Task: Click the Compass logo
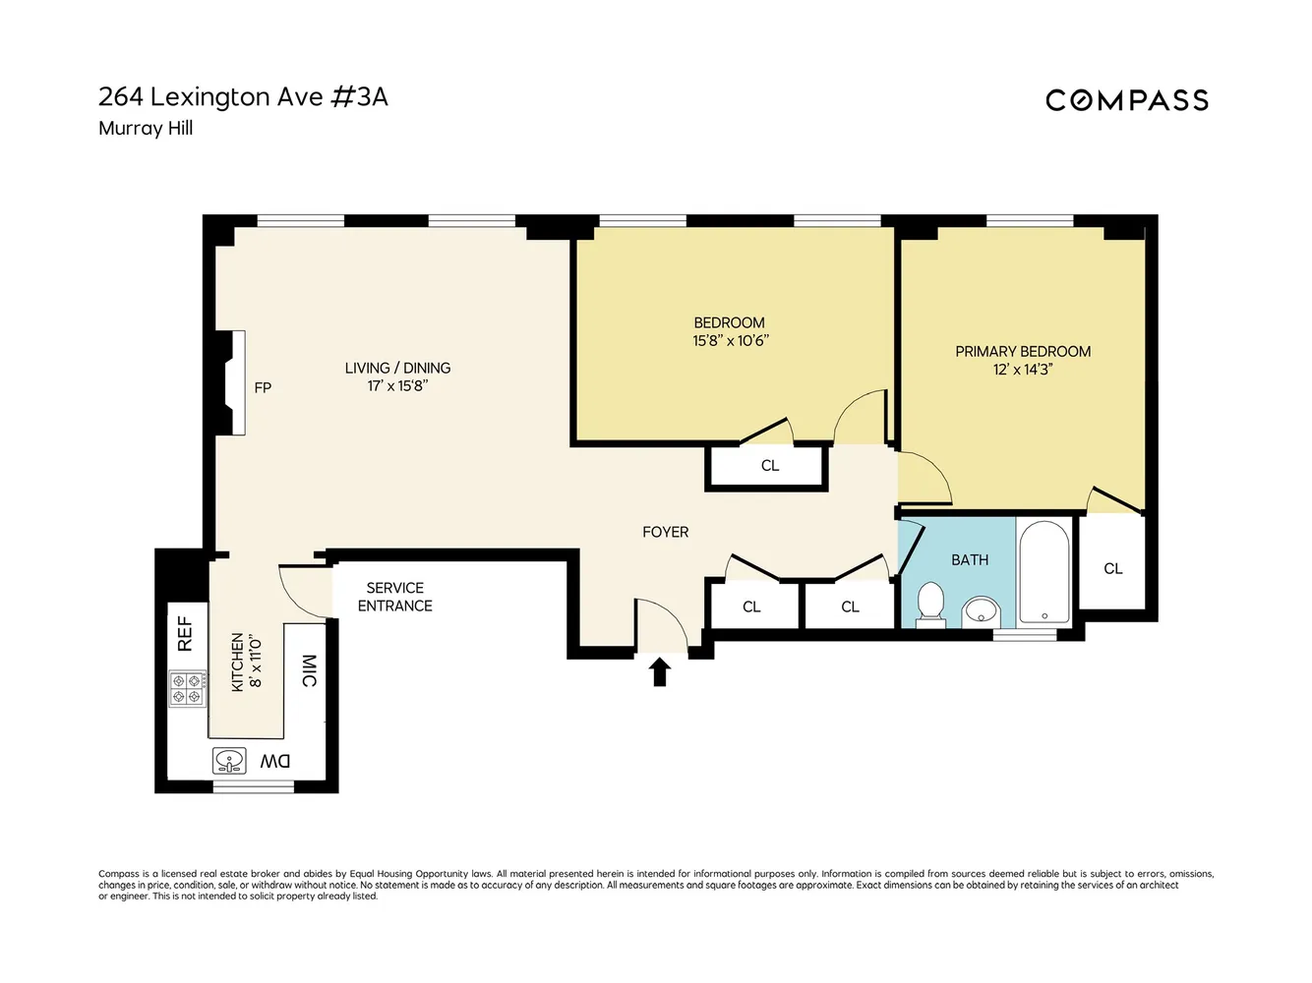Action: coord(1126,100)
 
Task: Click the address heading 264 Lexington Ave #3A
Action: coord(243,97)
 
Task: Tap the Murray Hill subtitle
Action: coord(146,129)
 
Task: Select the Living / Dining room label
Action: coord(397,368)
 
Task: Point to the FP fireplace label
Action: coord(263,388)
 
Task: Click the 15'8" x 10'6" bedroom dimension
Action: coord(730,341)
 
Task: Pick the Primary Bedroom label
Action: coord(1023,351)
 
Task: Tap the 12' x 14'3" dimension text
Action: coord(1023,370)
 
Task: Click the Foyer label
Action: coord(665,532)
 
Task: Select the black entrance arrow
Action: coord(660,672)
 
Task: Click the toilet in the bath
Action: coord(930,602)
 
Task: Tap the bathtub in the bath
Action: coord(1044,572)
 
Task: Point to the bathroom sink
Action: coord(981,611)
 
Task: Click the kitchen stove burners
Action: coord(187,688)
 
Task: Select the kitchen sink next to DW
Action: coord(230,760)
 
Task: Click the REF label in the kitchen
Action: coord(185,634)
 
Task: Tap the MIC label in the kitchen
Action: coord(309,670)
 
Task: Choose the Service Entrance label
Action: coord(394,597)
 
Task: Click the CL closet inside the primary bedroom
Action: coord(1112,568)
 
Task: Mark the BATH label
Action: coord(969,560)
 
